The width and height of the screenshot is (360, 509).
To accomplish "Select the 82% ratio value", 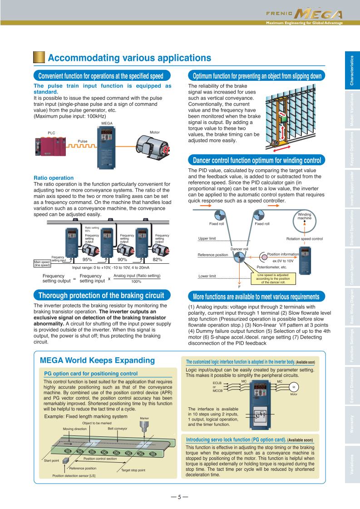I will pyautogui.click(x=157, y=260).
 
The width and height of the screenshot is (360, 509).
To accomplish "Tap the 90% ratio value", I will pyautogui.click(x=122, y=260).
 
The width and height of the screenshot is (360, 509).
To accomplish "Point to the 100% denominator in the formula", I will pyautogui.click(x=137, y=282).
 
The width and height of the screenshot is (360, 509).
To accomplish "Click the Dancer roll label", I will pyautogui.click(x=239, y=249).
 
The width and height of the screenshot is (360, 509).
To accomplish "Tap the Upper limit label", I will pyautogui.click(x=207, y=238).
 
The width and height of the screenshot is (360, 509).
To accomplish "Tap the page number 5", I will pyautogui.click(x=179, y=497).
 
